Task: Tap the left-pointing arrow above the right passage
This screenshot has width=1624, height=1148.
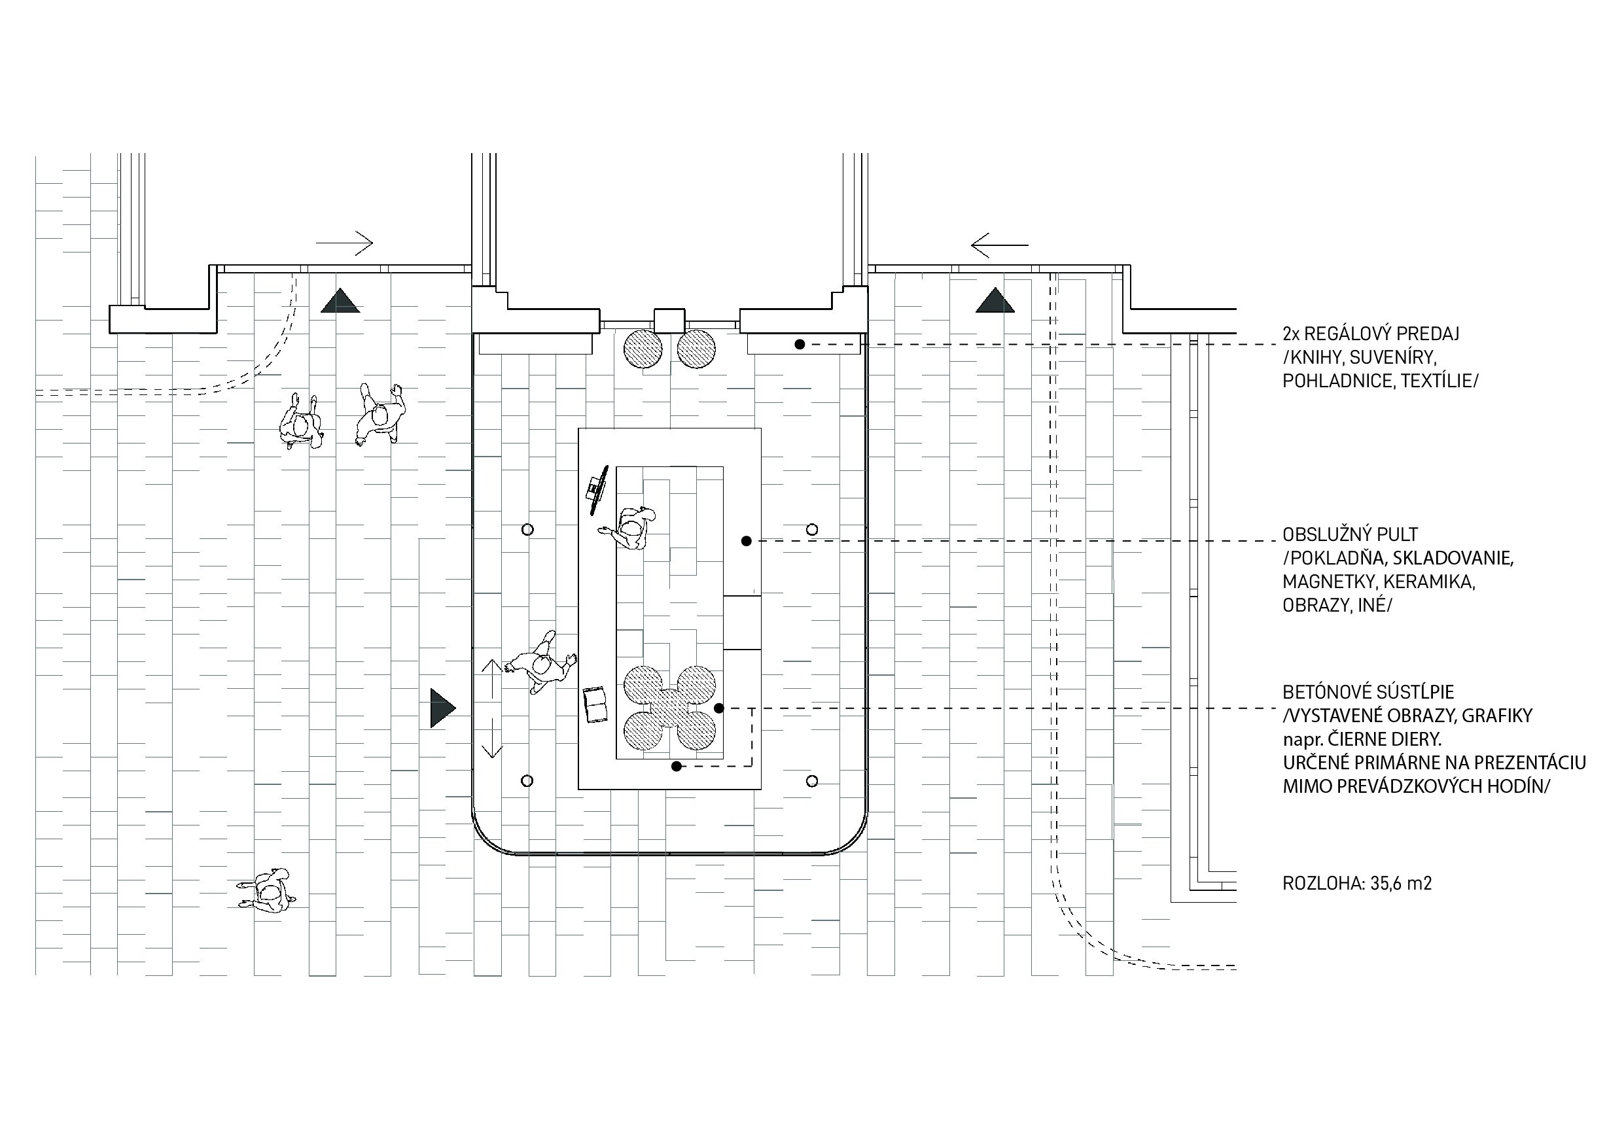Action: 998,245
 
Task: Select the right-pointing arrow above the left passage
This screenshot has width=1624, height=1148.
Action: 344,243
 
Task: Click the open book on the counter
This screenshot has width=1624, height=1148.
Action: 595,704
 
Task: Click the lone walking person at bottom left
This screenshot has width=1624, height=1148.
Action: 268,894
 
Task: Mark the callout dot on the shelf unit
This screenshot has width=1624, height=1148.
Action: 800,345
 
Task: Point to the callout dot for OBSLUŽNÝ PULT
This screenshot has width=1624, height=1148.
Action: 746,541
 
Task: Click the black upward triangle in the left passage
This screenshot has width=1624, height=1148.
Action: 340,301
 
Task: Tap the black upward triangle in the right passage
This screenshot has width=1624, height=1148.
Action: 995,301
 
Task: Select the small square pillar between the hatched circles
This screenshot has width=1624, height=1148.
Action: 669,320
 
